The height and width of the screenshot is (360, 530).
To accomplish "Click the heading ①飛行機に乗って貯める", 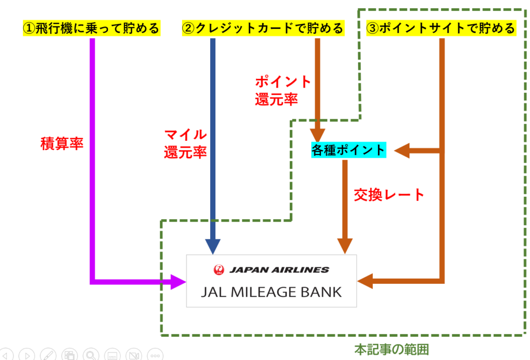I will [91, 27].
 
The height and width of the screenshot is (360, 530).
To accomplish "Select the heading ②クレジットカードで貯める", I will [263, 27].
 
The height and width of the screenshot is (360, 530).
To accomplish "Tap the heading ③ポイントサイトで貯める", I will [440, 27].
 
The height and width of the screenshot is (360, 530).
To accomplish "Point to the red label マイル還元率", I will [185, 145].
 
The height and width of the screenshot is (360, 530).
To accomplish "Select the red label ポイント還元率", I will [283, 91].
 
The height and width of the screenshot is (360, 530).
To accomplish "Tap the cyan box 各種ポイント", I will [348, 150].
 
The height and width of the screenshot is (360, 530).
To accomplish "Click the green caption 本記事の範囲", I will [391, 350].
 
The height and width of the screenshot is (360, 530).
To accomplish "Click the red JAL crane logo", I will [219, 269].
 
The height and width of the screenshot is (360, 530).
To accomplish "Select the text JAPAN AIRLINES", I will [279, 269].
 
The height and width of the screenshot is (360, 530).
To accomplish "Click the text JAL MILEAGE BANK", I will [271, 292].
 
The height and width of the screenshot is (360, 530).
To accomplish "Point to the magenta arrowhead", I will [178, 282].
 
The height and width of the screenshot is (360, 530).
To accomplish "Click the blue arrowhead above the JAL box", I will [213, 247].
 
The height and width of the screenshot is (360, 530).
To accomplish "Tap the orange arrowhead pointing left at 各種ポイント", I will [402, 151].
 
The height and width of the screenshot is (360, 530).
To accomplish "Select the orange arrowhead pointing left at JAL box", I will [366, 281].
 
